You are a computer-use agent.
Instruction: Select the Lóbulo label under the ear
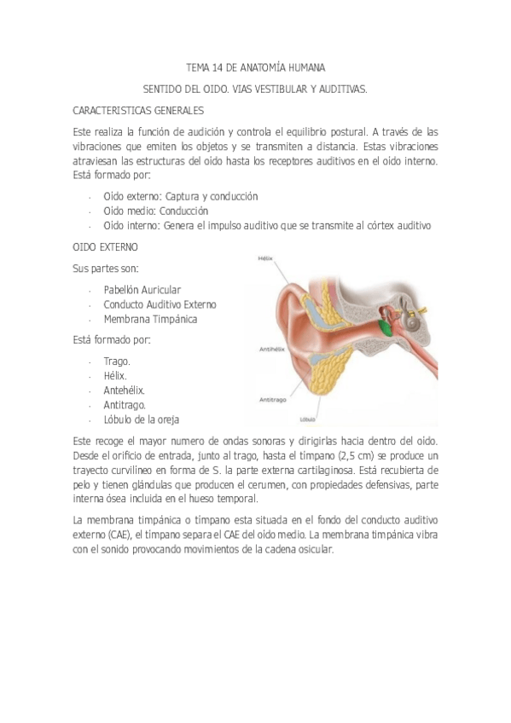tap(307, 419)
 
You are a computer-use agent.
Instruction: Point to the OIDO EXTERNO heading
tap(105, 247)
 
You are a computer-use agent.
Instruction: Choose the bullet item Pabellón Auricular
tap(142, 290)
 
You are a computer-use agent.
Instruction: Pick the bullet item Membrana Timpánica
tap(150, 320)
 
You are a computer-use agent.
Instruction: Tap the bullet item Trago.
tap(117, 361)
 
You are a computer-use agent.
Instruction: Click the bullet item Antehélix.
tap(125, 390)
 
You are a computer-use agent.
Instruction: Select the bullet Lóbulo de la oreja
tap(141, 419)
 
